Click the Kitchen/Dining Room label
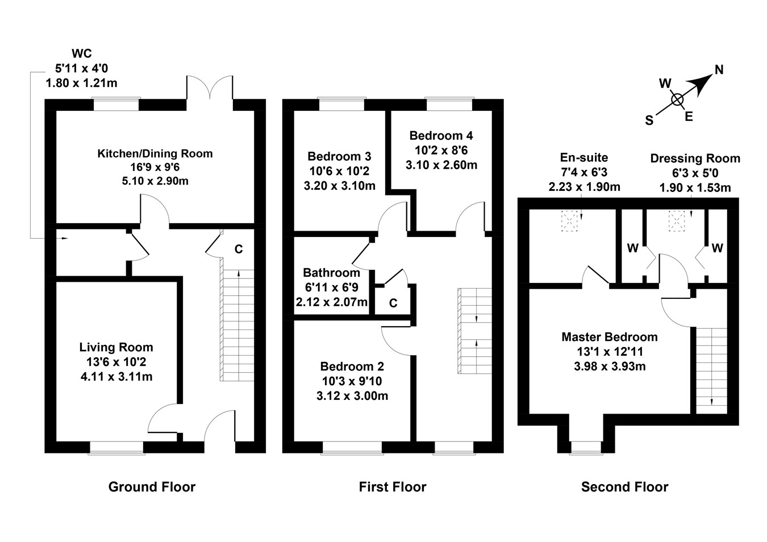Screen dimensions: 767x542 155,153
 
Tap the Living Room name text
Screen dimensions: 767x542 116,347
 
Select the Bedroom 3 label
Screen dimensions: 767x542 339,156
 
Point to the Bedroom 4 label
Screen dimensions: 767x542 441,136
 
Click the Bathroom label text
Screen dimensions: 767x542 331,273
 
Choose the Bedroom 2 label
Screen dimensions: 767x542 352,366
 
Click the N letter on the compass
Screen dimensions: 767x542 719,70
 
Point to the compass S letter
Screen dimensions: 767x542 649,120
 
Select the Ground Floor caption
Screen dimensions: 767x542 152,487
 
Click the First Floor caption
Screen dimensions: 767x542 393,487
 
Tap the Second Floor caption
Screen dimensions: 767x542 624,487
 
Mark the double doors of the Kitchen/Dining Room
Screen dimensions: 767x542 210,89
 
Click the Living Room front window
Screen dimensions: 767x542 116,448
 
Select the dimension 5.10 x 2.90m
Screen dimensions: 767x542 155,181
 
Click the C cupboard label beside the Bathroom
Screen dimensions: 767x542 393,303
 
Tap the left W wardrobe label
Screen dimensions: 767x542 632,248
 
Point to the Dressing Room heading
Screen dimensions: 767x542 695,159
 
